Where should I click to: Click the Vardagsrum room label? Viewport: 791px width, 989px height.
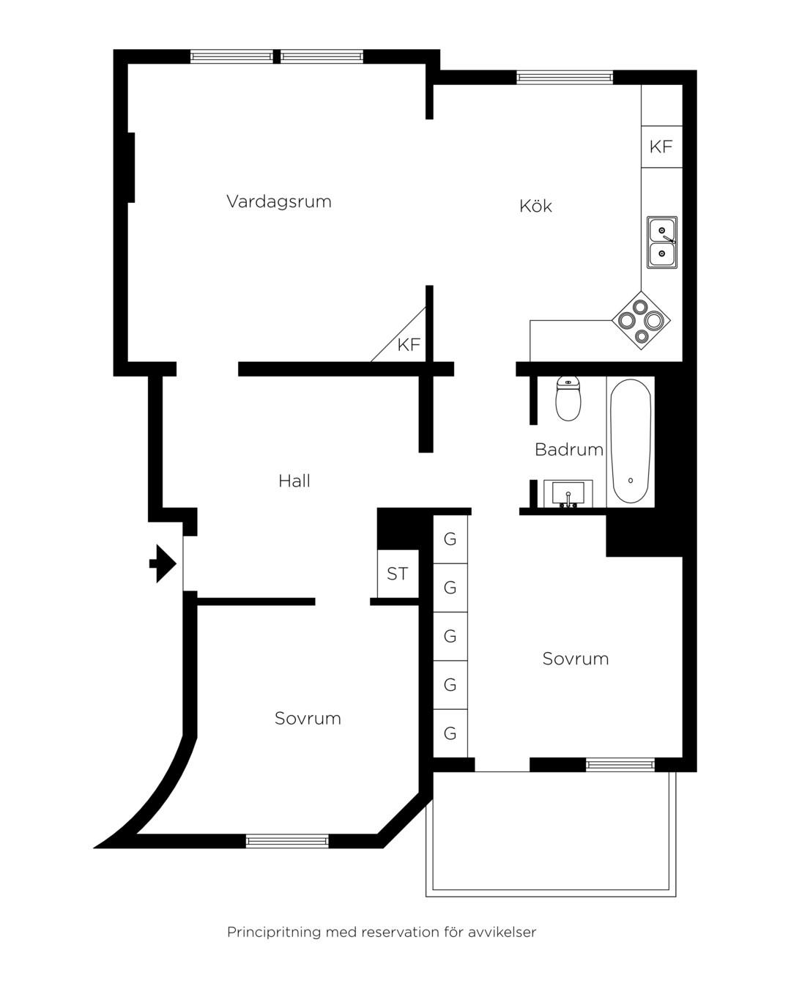(278, 201)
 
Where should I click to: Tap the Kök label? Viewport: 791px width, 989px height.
(535, 205)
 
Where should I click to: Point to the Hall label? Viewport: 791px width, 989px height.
(294, 481)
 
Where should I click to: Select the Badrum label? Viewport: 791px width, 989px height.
(569, 449)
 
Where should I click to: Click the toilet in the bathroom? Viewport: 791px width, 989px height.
(568, 398)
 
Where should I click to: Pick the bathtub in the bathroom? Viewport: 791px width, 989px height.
(631, 442)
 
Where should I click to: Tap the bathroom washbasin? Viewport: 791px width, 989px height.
(568, 494)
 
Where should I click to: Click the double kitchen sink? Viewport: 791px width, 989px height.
(662, 242)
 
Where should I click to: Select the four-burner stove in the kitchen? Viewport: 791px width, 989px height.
(641, 320)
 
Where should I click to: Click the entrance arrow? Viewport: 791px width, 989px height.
(163, 563)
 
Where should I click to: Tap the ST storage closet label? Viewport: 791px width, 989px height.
(397, 574)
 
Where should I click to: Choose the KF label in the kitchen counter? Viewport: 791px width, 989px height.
(661, 147)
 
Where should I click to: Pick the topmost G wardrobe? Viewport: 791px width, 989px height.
(450, 539)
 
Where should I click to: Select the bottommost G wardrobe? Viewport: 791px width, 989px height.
(450, 733)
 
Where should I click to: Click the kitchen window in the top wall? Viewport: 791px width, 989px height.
(565, 77)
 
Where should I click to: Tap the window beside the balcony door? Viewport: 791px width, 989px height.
(620, 765)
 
